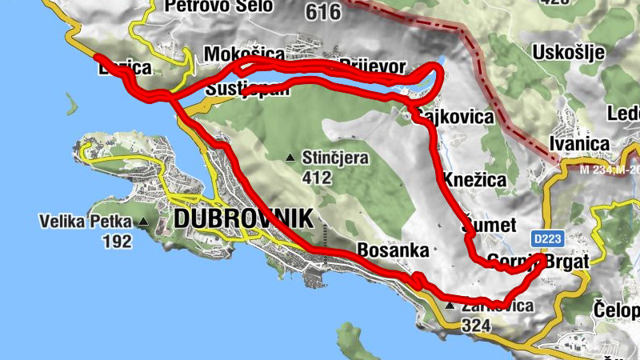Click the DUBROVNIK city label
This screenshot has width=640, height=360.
pos(233,218)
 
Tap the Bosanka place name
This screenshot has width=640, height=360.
pos(393,250)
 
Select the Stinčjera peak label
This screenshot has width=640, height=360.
pos(335,158)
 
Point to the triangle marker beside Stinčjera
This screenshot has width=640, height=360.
pos(291,157)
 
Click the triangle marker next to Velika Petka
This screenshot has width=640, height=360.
pos(142,222)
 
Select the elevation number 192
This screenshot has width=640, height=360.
pos(118,241)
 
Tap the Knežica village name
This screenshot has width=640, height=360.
pos(474,180)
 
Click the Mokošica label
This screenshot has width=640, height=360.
pos(244,54)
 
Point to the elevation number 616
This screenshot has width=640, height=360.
pos(323,12)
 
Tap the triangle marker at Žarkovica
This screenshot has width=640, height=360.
pos(450,306)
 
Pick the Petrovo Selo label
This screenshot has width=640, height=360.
pos(218,6)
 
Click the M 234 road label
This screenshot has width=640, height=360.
pos(595,170)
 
